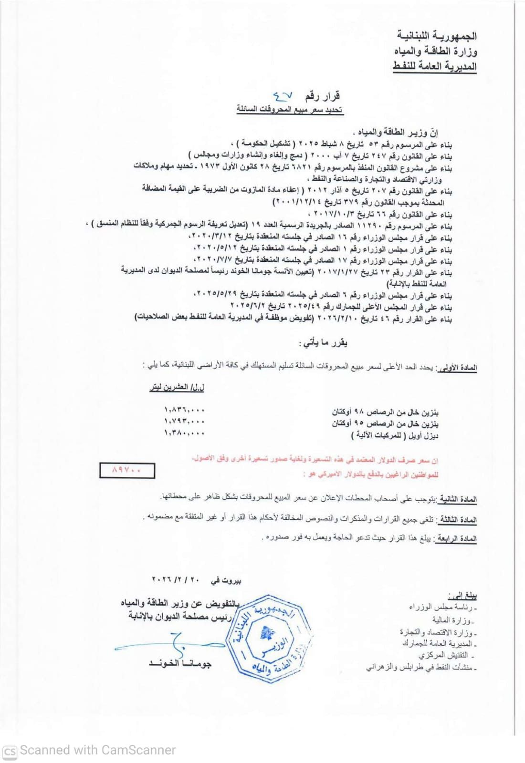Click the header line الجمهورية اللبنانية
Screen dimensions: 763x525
pos(437,36)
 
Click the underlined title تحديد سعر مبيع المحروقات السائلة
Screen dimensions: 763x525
pos(290,110)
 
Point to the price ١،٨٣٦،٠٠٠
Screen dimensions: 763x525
pos(184,410)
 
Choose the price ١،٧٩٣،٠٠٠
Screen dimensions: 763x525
pos(184,422)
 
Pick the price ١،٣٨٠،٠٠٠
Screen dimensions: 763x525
pos(184,433)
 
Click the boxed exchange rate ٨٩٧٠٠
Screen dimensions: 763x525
pos(127,470)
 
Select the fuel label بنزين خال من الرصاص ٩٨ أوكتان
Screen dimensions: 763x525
pos(386,411)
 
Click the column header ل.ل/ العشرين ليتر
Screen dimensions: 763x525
pos(177,388)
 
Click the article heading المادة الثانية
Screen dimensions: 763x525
pos(458,499)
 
